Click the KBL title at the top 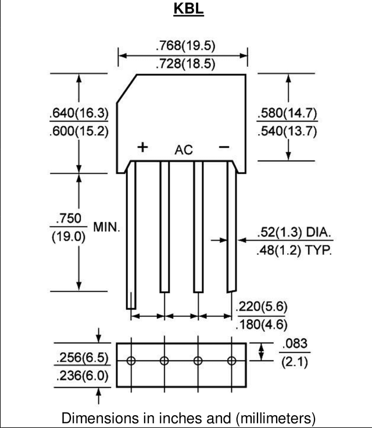pyautogui.click(x=188, y=9)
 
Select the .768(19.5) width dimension pyautogui.click(x=185, y=45)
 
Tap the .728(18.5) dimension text pyautogui.click(x=185, y=63)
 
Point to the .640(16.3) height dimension pyautogui.click(x=79, y=113)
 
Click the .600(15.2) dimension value pyautogui.click(x=79, y=131)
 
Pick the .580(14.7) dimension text pyautogui.click(x=287, y=113)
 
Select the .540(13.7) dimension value pyautogui.click(x=287, y=131)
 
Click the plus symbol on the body pyautogui.click(x=142, y=147)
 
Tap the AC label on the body pyautogui.click(x=184, y=150)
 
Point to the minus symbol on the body pyautogui.click(x=224, y=147)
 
